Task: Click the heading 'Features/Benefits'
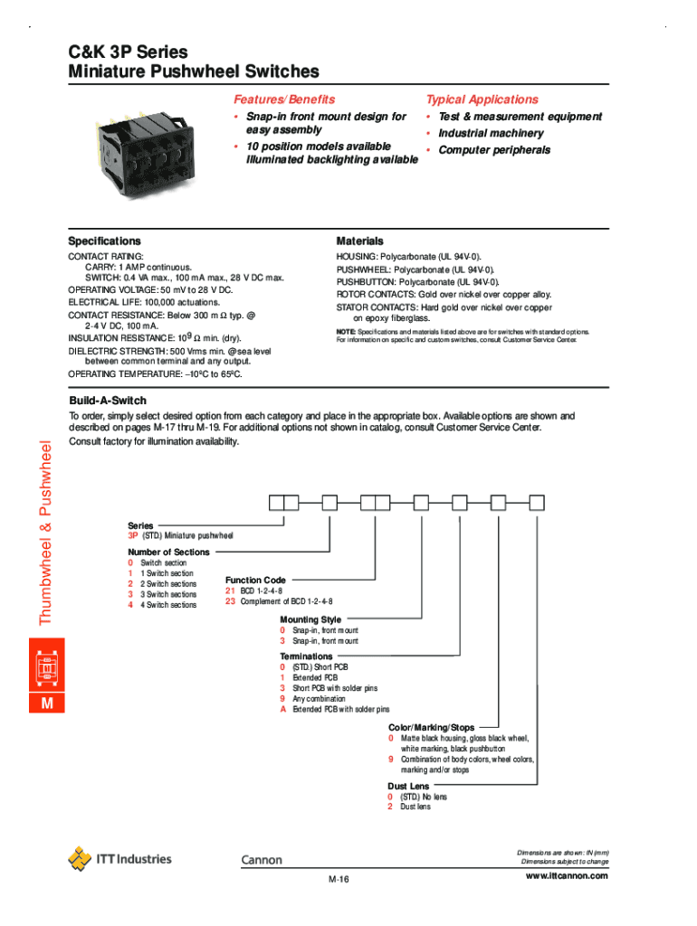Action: pos(284,99)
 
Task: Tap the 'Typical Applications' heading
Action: pos(482,99)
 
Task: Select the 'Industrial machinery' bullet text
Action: pos(491,134)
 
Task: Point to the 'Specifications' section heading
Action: pos(105,241)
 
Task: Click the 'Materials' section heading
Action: pos(360,241)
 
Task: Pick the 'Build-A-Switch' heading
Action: pos(108,401)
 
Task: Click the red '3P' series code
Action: pos(133,536)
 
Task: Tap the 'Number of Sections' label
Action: pos(168,552)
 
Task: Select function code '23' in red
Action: pos(230,601)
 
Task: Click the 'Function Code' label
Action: pos(255,580)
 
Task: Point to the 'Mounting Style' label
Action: pos(310,619)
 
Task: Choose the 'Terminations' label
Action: pos(306,656)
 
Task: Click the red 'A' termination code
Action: pos(283,710)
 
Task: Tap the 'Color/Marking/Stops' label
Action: pos(431,727)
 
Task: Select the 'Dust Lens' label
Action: pos(408,787)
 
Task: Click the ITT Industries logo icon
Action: pos(81,858)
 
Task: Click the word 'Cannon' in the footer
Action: pos(262,860)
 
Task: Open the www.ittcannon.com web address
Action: pos(566,875)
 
